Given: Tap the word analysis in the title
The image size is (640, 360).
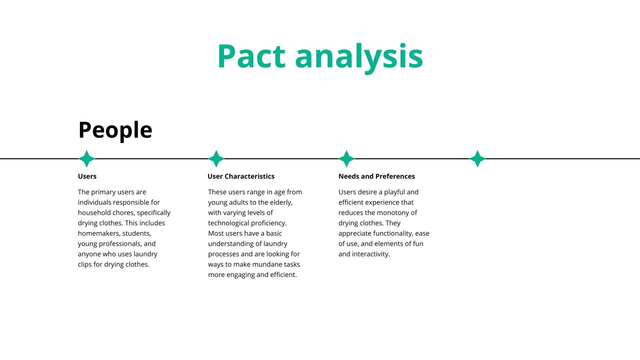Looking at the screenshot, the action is click(x=359, y=57).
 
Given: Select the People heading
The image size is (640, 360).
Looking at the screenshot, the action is click(x=115, y=130).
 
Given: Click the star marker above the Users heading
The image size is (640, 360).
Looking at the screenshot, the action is click(x=87, y=159).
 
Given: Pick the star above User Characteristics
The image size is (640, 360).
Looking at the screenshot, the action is click(x=216, y=159).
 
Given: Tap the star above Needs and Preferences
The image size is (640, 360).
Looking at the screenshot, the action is click(x=347, y=159).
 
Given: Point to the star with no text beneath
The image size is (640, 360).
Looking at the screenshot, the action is click(x=477, y=159).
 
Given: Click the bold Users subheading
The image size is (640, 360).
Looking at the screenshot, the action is click(x=87, y=176).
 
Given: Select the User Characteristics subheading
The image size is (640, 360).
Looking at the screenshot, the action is click(x=241, y=176).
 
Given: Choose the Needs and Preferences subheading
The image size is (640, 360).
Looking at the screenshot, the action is click(x=376, y=176).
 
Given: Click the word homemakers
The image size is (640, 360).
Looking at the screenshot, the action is click(x=99, y=233).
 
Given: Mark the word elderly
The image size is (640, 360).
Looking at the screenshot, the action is click(x=281, y=202).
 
